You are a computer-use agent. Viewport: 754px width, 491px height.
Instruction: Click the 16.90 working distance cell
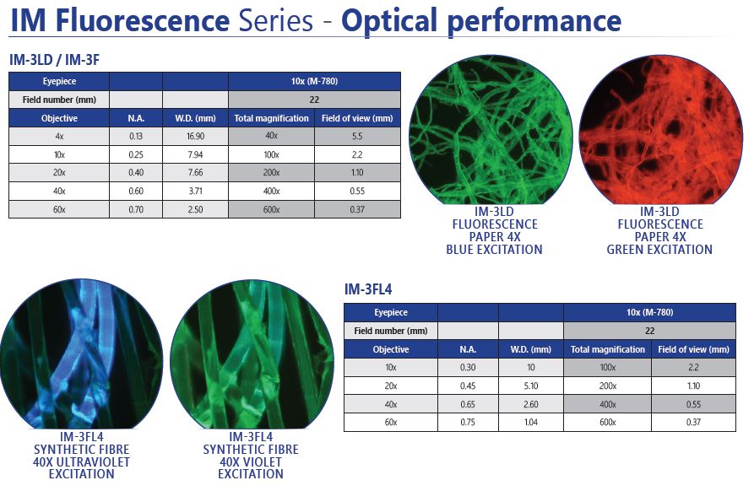tap(195, 137)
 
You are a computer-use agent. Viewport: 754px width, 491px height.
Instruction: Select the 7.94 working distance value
tap(195, 154)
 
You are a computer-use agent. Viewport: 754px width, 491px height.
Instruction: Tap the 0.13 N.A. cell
tap(136, 137)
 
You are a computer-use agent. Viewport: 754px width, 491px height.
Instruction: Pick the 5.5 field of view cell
tap(357, 137)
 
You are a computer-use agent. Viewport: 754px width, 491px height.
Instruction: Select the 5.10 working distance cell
tap(530, 386)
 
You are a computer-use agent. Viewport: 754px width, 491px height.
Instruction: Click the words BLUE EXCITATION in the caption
tap(494, 250)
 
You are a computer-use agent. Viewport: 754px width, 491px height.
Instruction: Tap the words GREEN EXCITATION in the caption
tap(659, 250)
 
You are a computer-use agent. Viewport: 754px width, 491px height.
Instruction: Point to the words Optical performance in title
tap(481, 19)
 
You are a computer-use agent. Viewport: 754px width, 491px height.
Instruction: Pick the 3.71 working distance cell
tap(195, 192)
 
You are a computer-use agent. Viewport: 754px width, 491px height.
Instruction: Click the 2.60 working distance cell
tap(530, 404)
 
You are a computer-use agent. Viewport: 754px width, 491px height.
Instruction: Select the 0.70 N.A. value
tap(136, 209)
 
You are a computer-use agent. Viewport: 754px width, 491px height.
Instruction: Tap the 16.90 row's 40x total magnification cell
tap(271, 137)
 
